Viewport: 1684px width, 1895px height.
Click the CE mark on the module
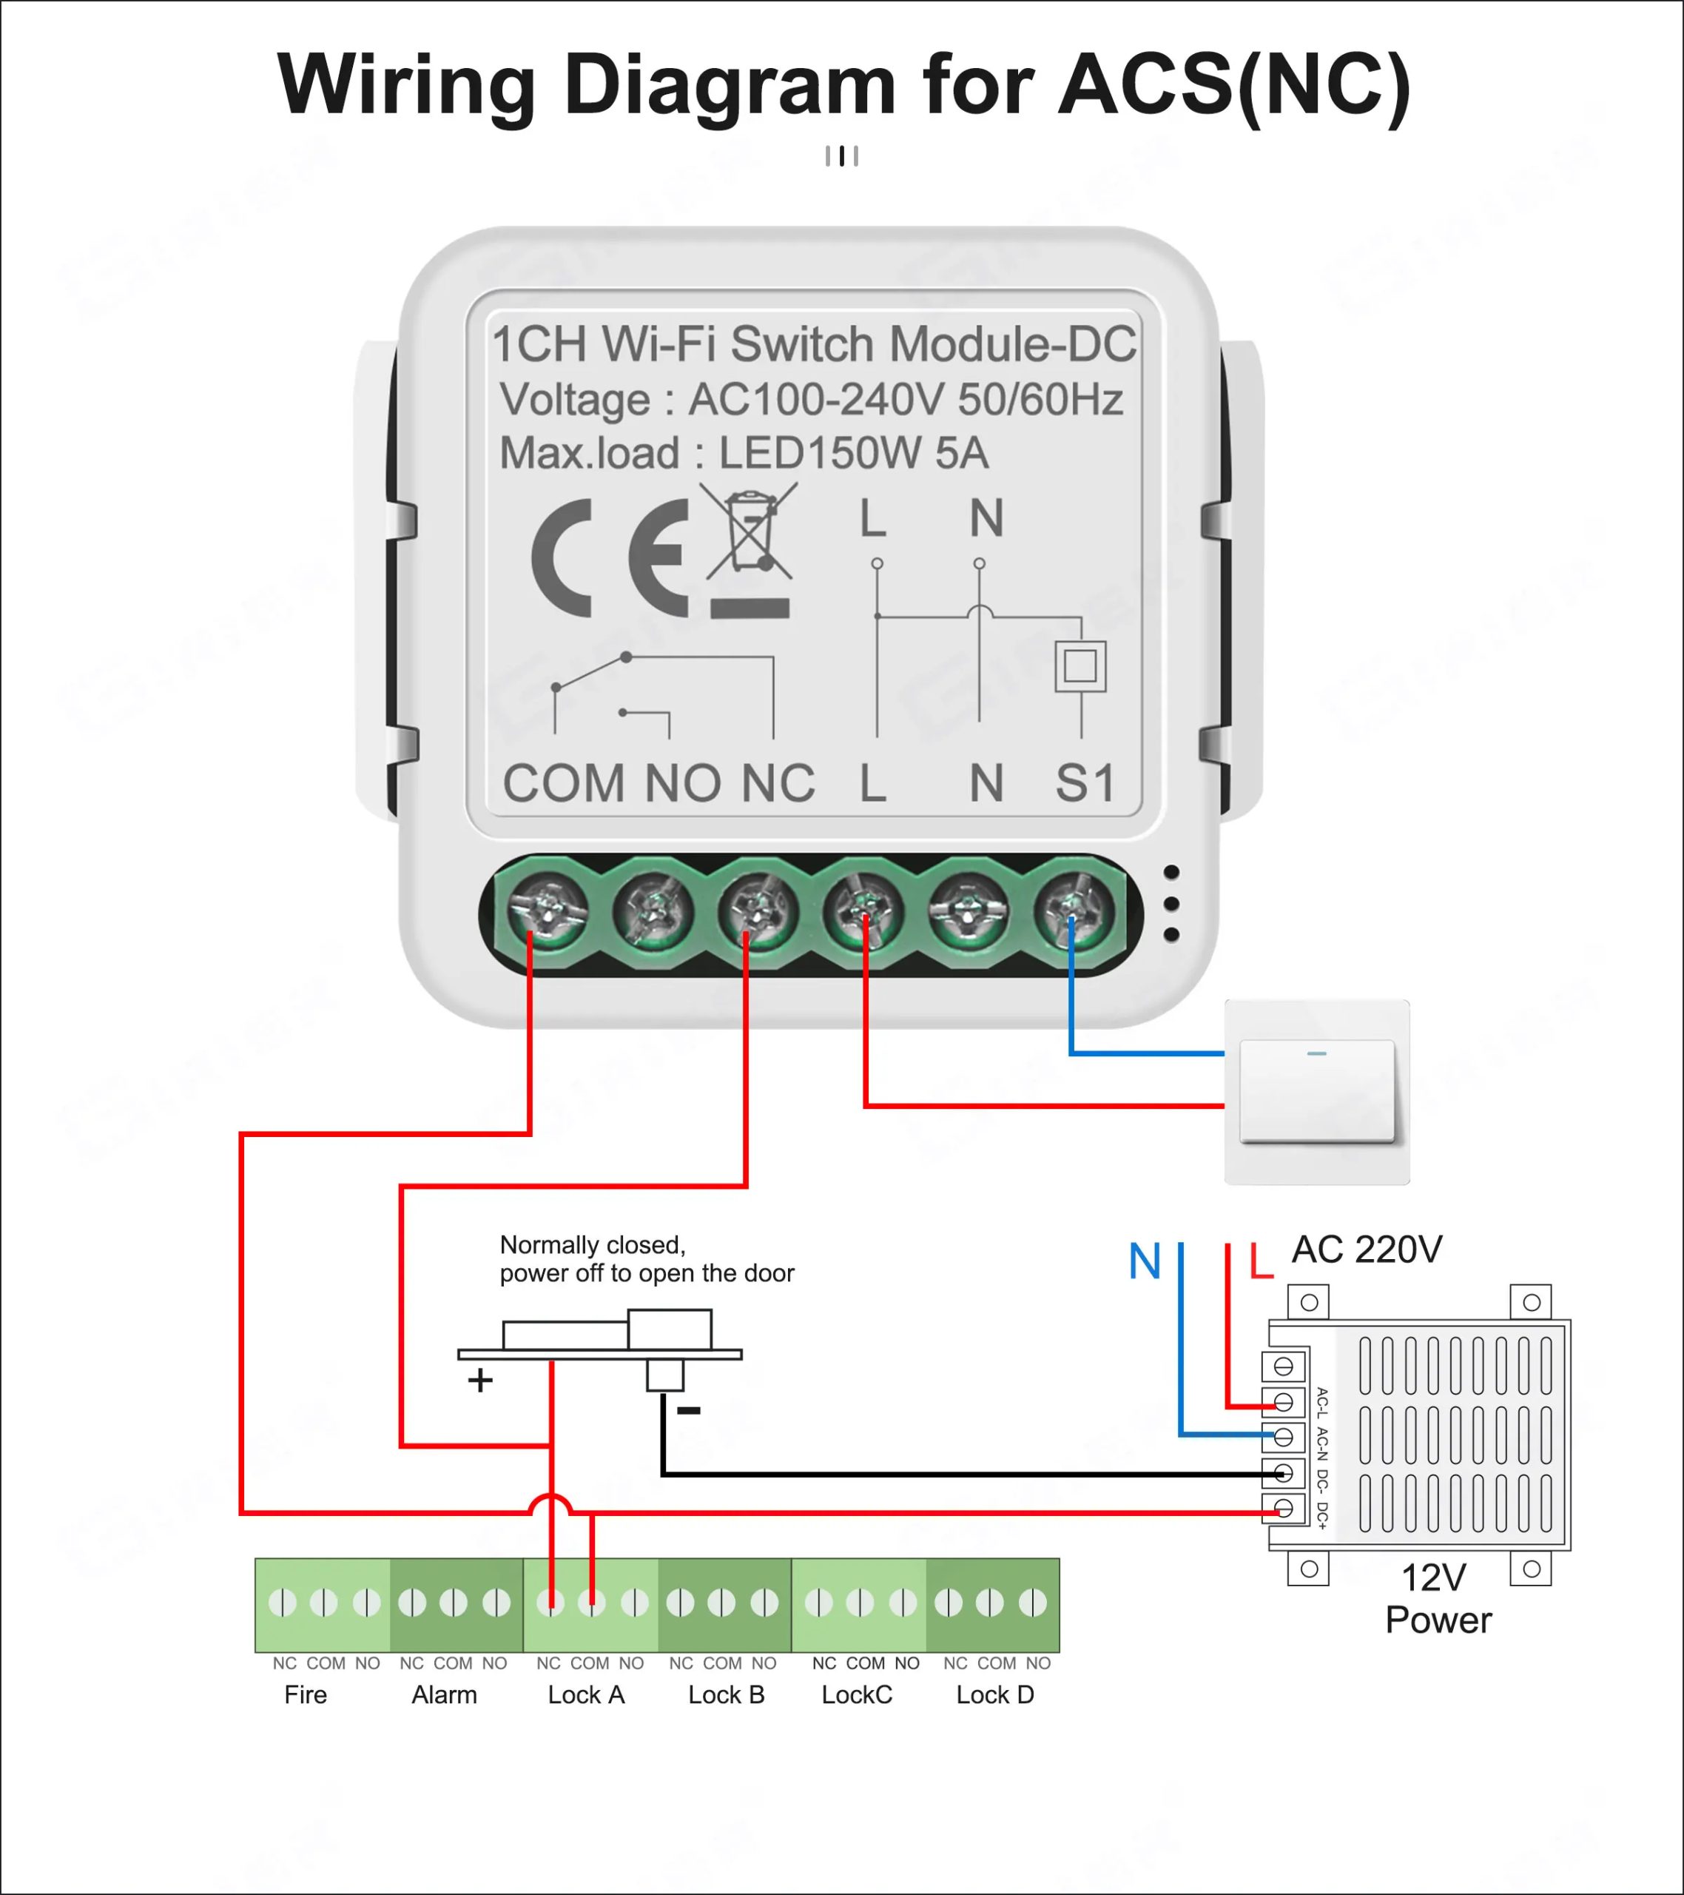click(x=610, y=558)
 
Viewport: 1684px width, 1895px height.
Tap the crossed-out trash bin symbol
click(x=749, y=532)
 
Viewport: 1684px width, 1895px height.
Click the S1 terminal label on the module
click(x=1085, y=783)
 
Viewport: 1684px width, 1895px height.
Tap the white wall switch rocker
click(x=1316, y=1091)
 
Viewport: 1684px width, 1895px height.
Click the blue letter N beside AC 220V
click(x=1145, y=1262)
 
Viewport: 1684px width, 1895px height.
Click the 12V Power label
click(x=1437, y=1599)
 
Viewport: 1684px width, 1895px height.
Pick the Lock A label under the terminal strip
click(x=586, y=1694)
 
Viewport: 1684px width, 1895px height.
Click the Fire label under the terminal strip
click(x=305, y=1694)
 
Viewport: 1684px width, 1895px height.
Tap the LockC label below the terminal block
click(x=856, y=1694)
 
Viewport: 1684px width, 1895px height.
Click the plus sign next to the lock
click(x=480, y=1381)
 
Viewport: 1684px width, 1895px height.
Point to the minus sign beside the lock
click(x=689, y=1411)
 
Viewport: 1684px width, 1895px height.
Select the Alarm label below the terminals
click(x=444, y=1694)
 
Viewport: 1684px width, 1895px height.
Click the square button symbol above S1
click(x=1080, y=665)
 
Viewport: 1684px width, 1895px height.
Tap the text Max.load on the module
click(x=590, y=453)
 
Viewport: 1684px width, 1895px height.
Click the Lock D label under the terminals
click(x=994, y=1694)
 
